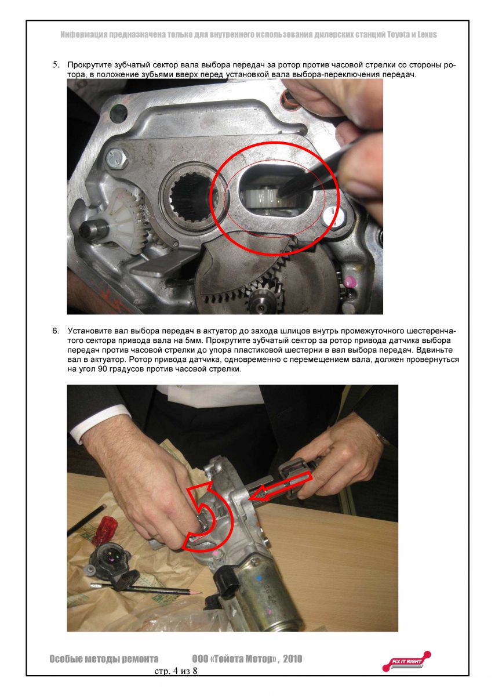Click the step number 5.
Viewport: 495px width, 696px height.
coord(56,65)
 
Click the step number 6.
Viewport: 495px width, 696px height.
coord(56,331)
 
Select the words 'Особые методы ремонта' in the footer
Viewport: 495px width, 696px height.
coord(104,659)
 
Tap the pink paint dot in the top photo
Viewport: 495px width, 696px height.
coord(349,282)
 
